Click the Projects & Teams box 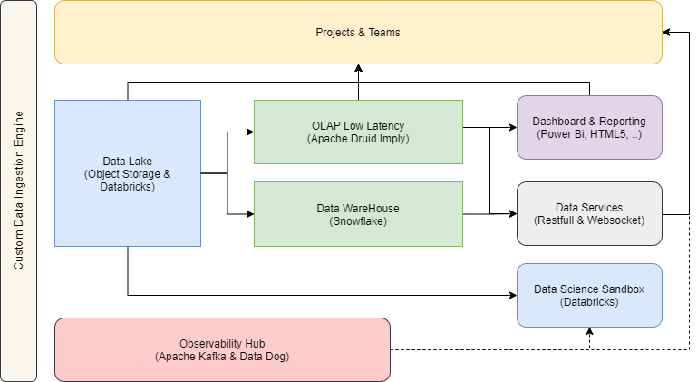click(358, 32)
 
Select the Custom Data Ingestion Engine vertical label click(18, 191)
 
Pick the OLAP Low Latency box click(358, 132)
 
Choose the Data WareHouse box click(358, 214)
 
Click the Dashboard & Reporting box click(589, 128)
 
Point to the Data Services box click(589, 213)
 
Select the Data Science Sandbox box click(589, 295)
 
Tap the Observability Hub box click(222, 349)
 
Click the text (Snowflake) click(358, 220)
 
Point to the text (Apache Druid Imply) click(358, 139)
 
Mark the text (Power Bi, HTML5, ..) click(589, 134)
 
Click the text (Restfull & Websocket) click(589, 220)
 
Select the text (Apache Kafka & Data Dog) click(222, 357)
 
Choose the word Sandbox click(623, 289)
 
